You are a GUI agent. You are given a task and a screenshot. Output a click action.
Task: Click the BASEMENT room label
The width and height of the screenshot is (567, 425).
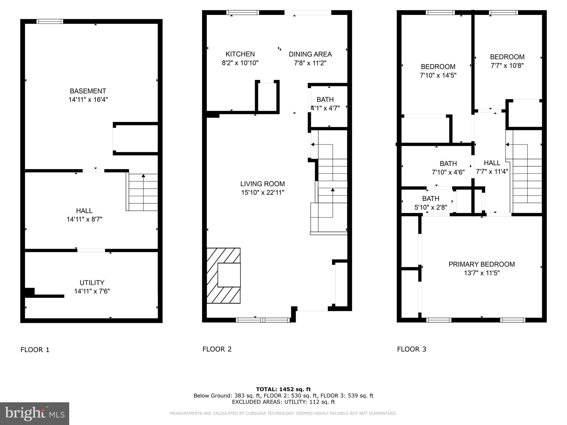click(x=88, y=91)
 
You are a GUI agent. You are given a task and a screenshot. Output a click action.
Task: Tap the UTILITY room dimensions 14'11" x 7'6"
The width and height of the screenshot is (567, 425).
click(x=92, y=291)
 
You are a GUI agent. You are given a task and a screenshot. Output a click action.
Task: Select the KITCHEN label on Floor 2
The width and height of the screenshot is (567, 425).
click(x=240, y=54)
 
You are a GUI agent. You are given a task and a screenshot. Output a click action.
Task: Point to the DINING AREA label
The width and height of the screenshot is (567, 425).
click(x=310, y=54)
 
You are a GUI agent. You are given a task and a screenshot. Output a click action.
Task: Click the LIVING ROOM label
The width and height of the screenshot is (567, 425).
click(x=262, y=184)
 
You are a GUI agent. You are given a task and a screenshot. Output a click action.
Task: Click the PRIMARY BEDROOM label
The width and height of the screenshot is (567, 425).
click(x=481, y=264)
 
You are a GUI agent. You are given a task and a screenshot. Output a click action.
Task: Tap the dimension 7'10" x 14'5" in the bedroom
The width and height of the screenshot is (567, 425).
click(x=438, y=75)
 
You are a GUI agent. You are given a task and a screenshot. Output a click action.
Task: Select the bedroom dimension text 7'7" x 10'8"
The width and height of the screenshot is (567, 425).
click(x=507, y=66)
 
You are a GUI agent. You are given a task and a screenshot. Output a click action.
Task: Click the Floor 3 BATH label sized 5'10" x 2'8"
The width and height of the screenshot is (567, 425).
click(x=431, y=198)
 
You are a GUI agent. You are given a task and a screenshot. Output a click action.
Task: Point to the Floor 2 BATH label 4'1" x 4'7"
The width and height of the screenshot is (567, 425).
click(x=325, y=100)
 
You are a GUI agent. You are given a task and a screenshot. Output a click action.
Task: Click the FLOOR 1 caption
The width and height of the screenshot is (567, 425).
click(x=35, y=350)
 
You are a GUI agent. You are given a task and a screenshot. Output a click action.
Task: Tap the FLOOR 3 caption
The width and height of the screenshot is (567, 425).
click(x=411, y=349)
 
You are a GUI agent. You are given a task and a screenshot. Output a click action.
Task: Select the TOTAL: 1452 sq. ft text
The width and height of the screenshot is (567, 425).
click(x=283, y=389)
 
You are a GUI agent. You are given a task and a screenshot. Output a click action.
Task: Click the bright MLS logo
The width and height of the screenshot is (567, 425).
click(x=34, y=414)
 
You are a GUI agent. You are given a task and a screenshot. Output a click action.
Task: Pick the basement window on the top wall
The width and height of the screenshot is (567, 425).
click(x=50, y=21)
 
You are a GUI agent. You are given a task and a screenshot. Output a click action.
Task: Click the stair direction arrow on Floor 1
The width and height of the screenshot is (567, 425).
click(x=143, y=176)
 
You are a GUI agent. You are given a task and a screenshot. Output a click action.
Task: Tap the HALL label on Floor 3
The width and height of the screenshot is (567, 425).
click(x=492, y=163)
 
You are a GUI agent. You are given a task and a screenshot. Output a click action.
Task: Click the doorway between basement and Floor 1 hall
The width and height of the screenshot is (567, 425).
click(x=93, y=170)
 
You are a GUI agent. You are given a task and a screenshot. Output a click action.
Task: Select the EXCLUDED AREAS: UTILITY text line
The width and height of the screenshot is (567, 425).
click(x=283, y=402)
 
